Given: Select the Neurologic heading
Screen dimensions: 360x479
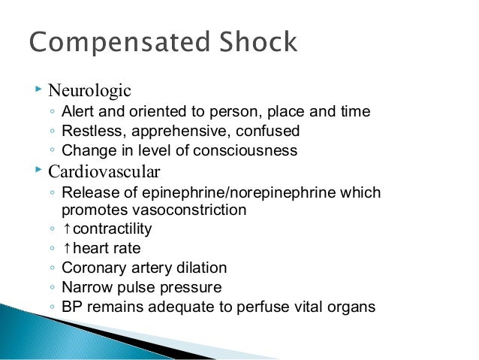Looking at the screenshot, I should (x=89, y=91).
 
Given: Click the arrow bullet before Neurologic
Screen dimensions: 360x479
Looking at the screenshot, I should (x=38, y=90).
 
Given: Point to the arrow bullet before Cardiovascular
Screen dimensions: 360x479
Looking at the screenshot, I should (x=38, y=169).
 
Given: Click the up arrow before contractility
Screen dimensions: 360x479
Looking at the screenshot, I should (x=66, y=228).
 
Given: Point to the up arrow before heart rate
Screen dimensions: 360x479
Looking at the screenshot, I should (x=66, y=248).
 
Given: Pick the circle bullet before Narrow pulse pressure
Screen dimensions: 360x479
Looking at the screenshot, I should (x=50, y=288).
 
